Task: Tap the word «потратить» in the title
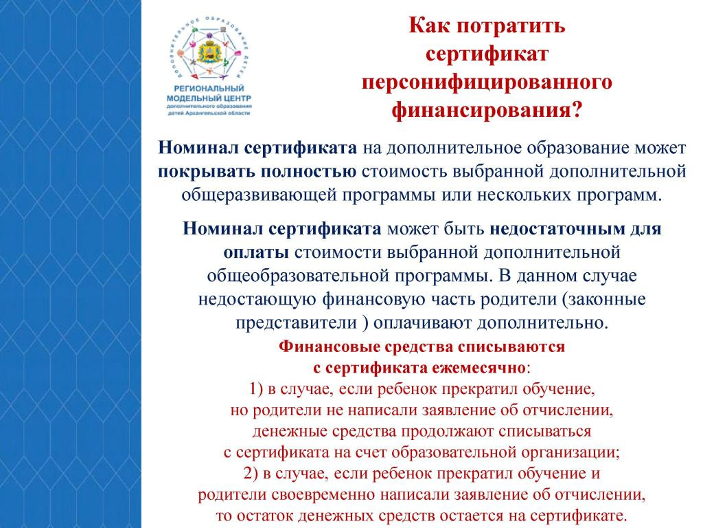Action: pos(511,26)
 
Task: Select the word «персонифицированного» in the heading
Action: pos(487,83)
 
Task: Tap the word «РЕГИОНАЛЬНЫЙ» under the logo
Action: pos(209,89)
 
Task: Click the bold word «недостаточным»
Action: pos(557,229)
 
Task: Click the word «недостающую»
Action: pos(257,300)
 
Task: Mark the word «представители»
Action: pos(297,323)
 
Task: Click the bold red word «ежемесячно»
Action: pos(479,368)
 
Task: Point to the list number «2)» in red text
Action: pos(251,474)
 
